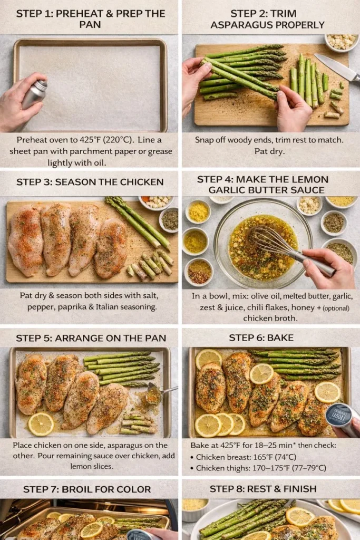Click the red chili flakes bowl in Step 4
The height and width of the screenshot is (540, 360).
[x=199, y=271]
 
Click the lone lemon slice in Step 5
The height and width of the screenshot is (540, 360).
[x=41, y=423]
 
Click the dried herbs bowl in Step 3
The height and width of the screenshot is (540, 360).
[x=170, y=220]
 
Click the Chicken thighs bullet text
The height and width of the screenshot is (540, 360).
[x=221, y=468]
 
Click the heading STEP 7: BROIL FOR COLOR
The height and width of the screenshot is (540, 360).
[x=90, y=489]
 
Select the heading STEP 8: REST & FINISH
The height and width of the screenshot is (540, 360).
[x=270, y=489]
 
